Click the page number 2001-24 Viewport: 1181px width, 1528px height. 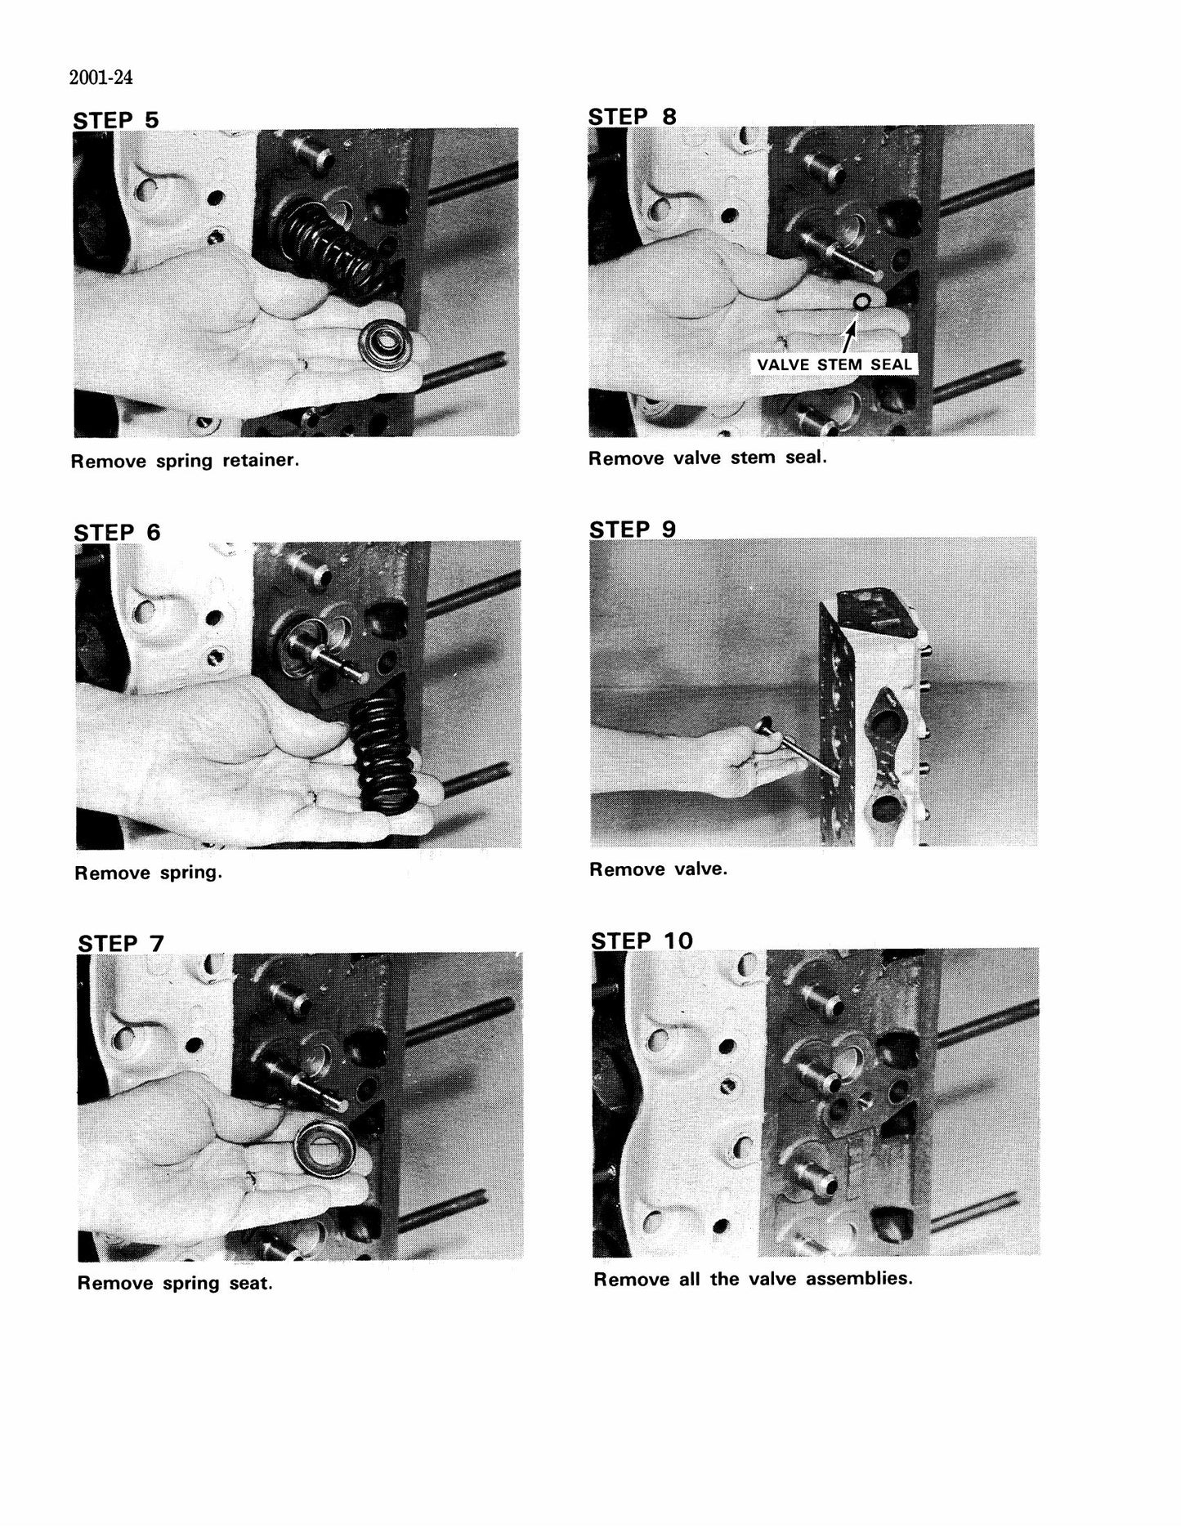101,78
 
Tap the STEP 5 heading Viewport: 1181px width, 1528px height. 116,120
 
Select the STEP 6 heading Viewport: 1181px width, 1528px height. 118,533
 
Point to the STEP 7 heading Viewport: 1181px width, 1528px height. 121,944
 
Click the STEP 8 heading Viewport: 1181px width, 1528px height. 633,117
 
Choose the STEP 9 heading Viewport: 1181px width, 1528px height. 633,529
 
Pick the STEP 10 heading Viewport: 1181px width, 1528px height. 642,940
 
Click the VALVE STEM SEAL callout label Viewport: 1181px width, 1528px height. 834,364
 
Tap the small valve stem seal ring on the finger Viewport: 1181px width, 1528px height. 861,303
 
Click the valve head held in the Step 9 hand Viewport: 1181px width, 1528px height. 768,726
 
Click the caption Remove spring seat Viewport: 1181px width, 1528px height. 175,1284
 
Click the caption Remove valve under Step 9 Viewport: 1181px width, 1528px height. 658,869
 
